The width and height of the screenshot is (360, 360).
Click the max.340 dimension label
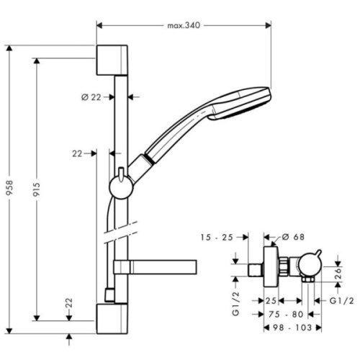click(x=182, y=25)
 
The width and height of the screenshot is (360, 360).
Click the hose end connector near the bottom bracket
click(x=108, y=294)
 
